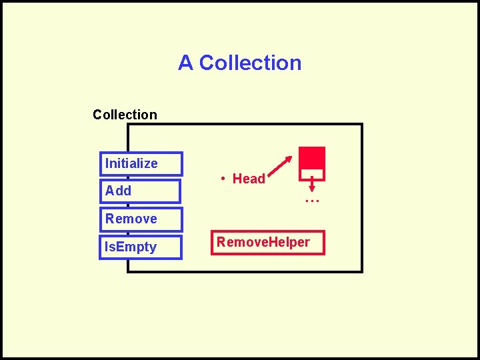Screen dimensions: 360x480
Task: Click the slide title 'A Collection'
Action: [x=239, y=63]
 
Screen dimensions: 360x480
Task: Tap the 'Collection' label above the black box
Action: [x=125, y=115]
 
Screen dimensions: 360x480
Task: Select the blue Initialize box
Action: [x=141, y=164]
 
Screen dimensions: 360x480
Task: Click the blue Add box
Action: [x=140, y=191]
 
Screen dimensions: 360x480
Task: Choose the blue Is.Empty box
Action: [x=141, y=247]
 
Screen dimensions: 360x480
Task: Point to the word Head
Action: [x=249, y=179]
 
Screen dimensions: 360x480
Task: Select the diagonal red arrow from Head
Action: [x=281, y=165]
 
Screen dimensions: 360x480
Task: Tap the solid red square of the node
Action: [x=312, y=157]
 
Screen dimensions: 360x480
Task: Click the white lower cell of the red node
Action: [x=312, y=174]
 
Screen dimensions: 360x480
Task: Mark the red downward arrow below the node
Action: [x=312, y=183]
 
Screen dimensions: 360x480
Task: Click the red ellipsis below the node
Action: [x=312, y=199]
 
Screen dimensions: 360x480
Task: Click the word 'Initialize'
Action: [x=131, y=163]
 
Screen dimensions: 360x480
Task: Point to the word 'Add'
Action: [x=118, y=191]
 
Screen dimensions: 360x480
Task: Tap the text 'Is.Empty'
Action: [x=130, y=247]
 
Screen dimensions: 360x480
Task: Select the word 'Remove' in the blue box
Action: [x=131, y=219]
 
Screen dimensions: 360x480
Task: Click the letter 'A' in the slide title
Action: [x=185, y=63]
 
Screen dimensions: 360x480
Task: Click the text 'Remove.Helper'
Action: [x=263, y=241]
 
